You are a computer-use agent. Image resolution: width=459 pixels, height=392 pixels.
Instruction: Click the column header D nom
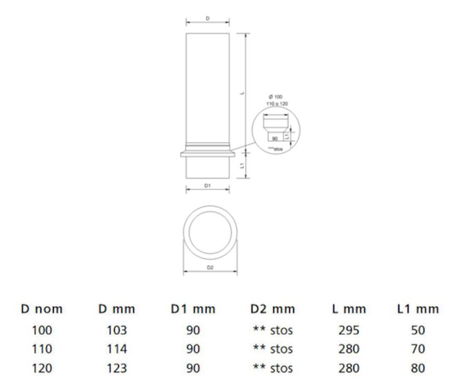tap(42, 309)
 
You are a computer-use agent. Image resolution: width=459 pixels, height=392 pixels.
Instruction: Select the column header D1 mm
tap(193, 309)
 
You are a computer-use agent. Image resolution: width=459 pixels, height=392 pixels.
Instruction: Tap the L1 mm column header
tap(418, 309)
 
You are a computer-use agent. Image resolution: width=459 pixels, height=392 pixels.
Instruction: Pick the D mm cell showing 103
tap(117, 330)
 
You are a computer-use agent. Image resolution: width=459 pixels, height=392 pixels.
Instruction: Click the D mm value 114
tap(117, 349)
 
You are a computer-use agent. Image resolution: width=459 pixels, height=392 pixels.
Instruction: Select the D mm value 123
tap(117, 368)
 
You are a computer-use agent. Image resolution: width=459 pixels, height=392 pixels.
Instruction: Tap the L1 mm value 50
tap(418, 330)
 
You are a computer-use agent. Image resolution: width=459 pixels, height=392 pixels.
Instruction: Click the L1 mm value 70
tap(418, 349)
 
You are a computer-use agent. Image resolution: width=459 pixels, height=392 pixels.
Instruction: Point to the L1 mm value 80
tap(418, 368)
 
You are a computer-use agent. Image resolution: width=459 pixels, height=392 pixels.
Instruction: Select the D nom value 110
tap(42, 349)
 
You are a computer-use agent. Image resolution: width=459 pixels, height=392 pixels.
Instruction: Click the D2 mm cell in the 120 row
tap(272, 368)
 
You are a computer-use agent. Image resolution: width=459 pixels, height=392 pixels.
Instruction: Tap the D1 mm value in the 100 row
tap(193, 330)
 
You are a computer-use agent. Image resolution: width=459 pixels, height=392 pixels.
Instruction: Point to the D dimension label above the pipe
tap(208, 18)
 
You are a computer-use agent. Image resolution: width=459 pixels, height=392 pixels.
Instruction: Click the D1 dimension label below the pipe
tap(208, 186)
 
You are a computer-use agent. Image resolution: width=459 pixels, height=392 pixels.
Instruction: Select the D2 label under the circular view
tap(210, 268)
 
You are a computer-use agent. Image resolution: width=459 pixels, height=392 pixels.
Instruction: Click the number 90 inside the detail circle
tap(275, 138)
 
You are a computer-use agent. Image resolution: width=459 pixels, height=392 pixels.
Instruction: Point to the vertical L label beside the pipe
tap(242, 93)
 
